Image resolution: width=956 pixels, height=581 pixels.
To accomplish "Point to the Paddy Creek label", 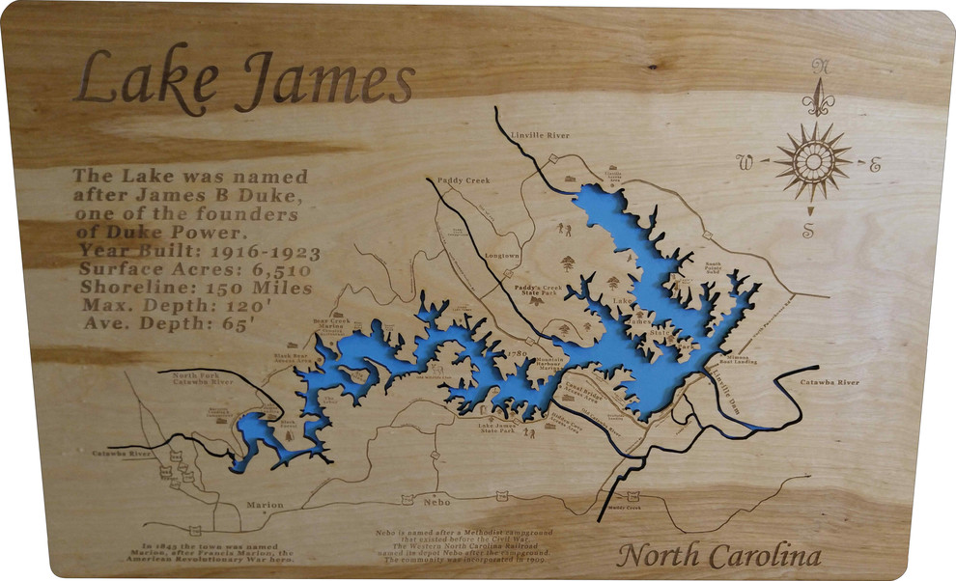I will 464,180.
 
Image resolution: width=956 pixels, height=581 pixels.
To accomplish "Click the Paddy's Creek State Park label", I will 536,290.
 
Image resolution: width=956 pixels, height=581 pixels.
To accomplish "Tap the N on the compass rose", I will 821,67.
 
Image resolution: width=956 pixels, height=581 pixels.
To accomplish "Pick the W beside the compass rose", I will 745,160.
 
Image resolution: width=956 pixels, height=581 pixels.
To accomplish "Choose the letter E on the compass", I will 875,165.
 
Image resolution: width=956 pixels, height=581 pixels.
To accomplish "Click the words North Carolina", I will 718,557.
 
